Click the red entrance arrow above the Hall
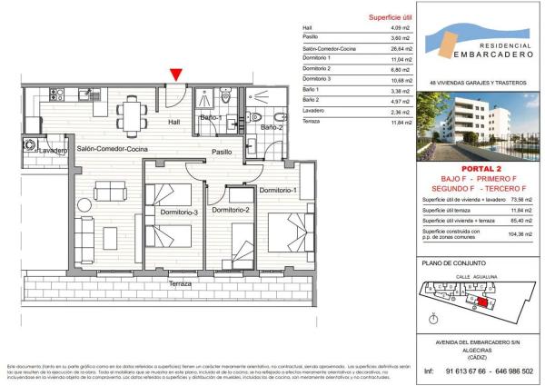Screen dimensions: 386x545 point(175,75)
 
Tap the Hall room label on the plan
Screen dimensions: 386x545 point(176,121)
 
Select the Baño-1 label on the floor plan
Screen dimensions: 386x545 point(212,118)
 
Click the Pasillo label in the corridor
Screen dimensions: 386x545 point(222,152)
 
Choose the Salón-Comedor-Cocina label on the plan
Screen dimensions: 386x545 point(114,148)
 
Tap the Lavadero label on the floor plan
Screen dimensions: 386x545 point(29,150)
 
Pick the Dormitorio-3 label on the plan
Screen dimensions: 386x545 point(179,213)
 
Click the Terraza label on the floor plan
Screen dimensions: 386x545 point(179,284)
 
